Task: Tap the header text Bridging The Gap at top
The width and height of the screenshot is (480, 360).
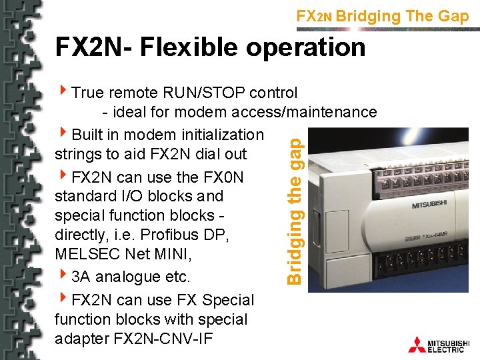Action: pyautogui.click(x=403, y=16)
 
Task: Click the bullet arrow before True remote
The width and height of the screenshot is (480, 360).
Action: pyautogui.click(x=63, y=91)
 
